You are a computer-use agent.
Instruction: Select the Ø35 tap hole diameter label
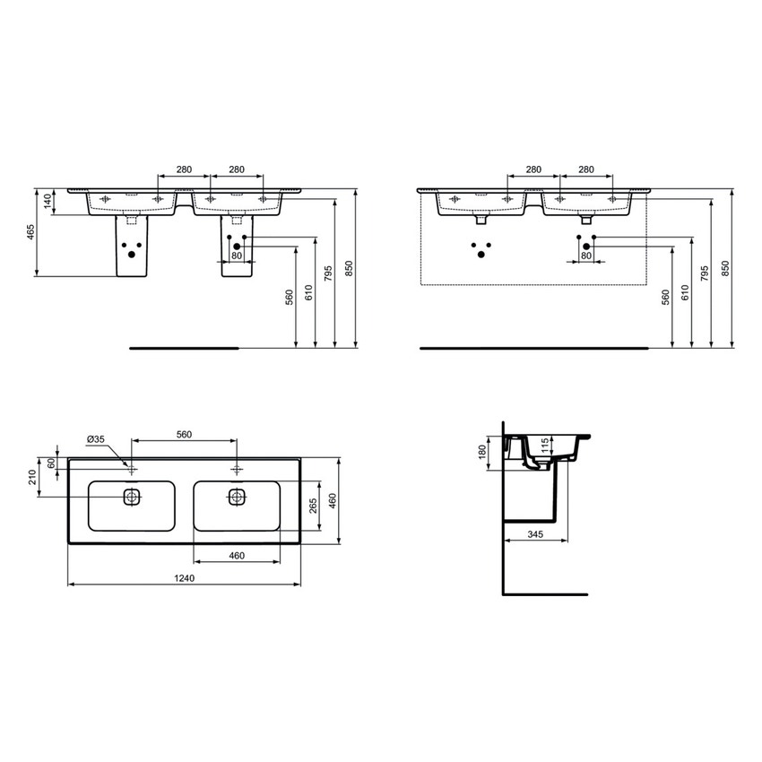point(97,438)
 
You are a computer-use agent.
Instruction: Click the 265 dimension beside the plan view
point(313,507)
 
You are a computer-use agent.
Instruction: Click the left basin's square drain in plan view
point(132,496)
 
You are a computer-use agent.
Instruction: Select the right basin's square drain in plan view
point(237,496)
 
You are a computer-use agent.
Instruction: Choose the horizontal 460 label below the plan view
point(237,556)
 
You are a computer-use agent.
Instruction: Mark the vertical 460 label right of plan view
point(331,500)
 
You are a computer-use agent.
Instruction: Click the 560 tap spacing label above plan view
point(184,434)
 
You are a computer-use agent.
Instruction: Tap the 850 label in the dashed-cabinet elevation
point(725,268)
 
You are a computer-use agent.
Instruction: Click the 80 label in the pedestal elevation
point(237,256)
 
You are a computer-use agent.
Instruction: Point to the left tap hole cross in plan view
point(132,469)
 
